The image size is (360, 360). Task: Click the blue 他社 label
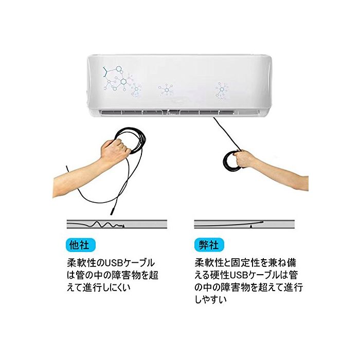(80, 245)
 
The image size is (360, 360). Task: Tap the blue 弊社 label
(209, 245)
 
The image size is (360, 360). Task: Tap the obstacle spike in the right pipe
(251, 226)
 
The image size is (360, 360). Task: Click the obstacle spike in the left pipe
(123, 226)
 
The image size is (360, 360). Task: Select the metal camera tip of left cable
(112, 211)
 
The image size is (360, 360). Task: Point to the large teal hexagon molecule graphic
(123, 81)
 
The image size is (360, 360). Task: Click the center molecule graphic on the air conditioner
(166, 89)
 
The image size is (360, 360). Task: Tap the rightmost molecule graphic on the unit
(222, 90)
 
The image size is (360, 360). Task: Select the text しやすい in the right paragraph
(210, 299)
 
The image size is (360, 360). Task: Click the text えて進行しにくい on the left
(99, 287)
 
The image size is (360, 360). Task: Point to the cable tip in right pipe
(261, 222)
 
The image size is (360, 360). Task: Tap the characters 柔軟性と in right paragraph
(212, 263)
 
